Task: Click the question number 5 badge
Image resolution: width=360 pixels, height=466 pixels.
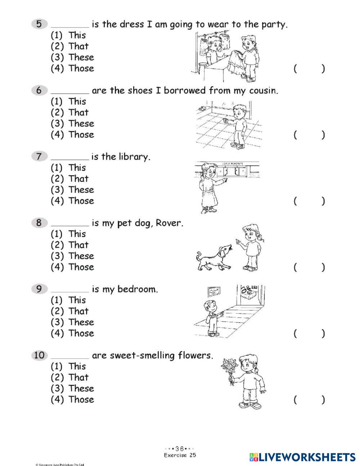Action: pos(39,24)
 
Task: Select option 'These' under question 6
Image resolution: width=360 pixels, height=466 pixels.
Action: pos(81,124)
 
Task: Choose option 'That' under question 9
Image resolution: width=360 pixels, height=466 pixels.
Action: pos(78,311)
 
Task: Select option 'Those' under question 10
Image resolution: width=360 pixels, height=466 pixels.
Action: pos(81,399)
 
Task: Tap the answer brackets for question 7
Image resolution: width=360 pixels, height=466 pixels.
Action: pos(309,201)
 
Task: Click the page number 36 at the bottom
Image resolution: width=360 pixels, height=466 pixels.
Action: pos(180,449)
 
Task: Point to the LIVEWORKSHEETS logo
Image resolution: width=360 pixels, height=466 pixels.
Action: pos(302,457)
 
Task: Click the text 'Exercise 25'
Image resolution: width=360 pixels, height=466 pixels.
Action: pos(180,455)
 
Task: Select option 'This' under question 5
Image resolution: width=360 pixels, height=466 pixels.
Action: pos(77,35)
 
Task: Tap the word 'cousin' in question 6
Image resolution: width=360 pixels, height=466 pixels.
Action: pos(263,90)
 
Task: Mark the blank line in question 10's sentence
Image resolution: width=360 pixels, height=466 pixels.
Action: pos(70,357)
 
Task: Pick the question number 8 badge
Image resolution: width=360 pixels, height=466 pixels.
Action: pos(39,223)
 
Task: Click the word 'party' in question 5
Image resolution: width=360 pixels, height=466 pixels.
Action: pos(274,24)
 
